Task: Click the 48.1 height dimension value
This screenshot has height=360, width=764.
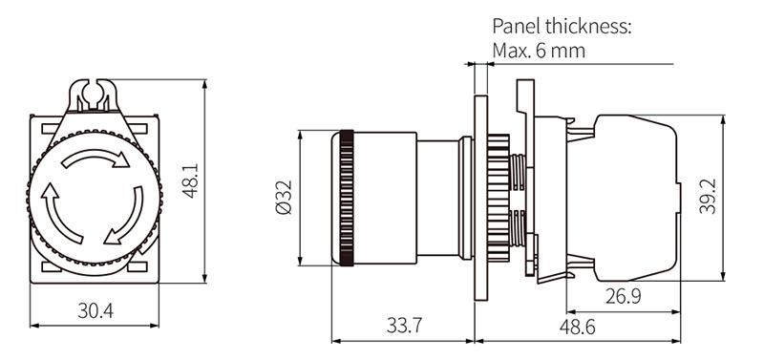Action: [190, 180]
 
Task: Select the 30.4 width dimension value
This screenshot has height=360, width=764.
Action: [95, 309]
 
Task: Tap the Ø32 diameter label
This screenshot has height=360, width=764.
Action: [284, 197]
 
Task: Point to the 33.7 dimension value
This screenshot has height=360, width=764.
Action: [404, 326]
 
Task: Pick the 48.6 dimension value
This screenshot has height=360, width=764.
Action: [578, 327]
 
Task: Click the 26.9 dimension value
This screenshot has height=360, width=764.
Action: [624, 296]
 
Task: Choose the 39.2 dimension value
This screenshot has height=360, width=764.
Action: [708, 196]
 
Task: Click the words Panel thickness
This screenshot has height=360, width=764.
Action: [562, 26]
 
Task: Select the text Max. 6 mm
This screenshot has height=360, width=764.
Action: [539, 51]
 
